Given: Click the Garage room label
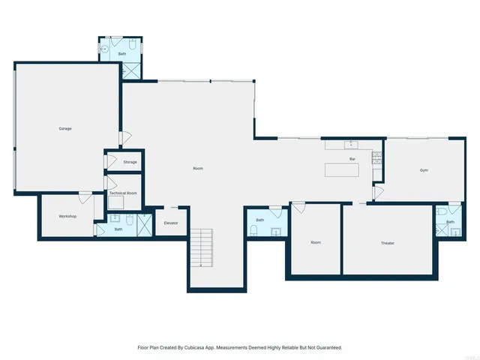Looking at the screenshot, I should pyautogui.click(x=65, y=129).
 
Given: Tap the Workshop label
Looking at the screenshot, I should pyautogui.click(x=68, y=217).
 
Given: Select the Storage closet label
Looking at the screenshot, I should pyautogui.click(x=130, y=162).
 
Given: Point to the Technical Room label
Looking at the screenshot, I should pyautogui.click(x=122, y=193).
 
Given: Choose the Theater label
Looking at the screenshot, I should pyautogui.click(x=388, y=243).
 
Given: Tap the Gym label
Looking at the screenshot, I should pyautogui.click(x=424, y=171).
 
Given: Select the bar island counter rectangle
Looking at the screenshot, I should pyautogui.click(x=342, y=170).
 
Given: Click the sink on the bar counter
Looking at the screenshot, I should pyautogui.click(x=349, y=144).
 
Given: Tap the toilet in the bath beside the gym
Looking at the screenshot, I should pyautogui.click(x=441, y=213).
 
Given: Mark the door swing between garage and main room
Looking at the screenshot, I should pyautogui.click(x=127, y=139).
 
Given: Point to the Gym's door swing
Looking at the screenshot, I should pyautogui.click(x=378, y=193).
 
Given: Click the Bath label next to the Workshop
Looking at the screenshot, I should pyautogui.click(x=118, y=229).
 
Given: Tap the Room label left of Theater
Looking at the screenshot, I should pyautogui.click(x=316, y=243).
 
